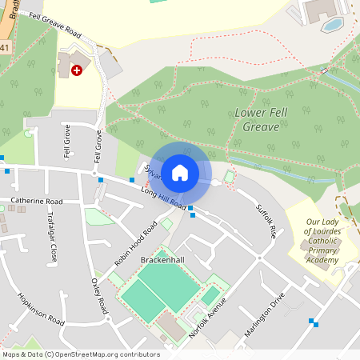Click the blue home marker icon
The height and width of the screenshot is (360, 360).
180,172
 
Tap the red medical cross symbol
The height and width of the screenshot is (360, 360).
77,70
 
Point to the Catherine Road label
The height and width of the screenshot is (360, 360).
37,202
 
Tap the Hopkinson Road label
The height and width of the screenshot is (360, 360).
40,308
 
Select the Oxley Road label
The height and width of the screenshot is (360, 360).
98,295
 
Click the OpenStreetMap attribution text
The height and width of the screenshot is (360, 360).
80,354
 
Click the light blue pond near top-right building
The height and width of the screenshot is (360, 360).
332,24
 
